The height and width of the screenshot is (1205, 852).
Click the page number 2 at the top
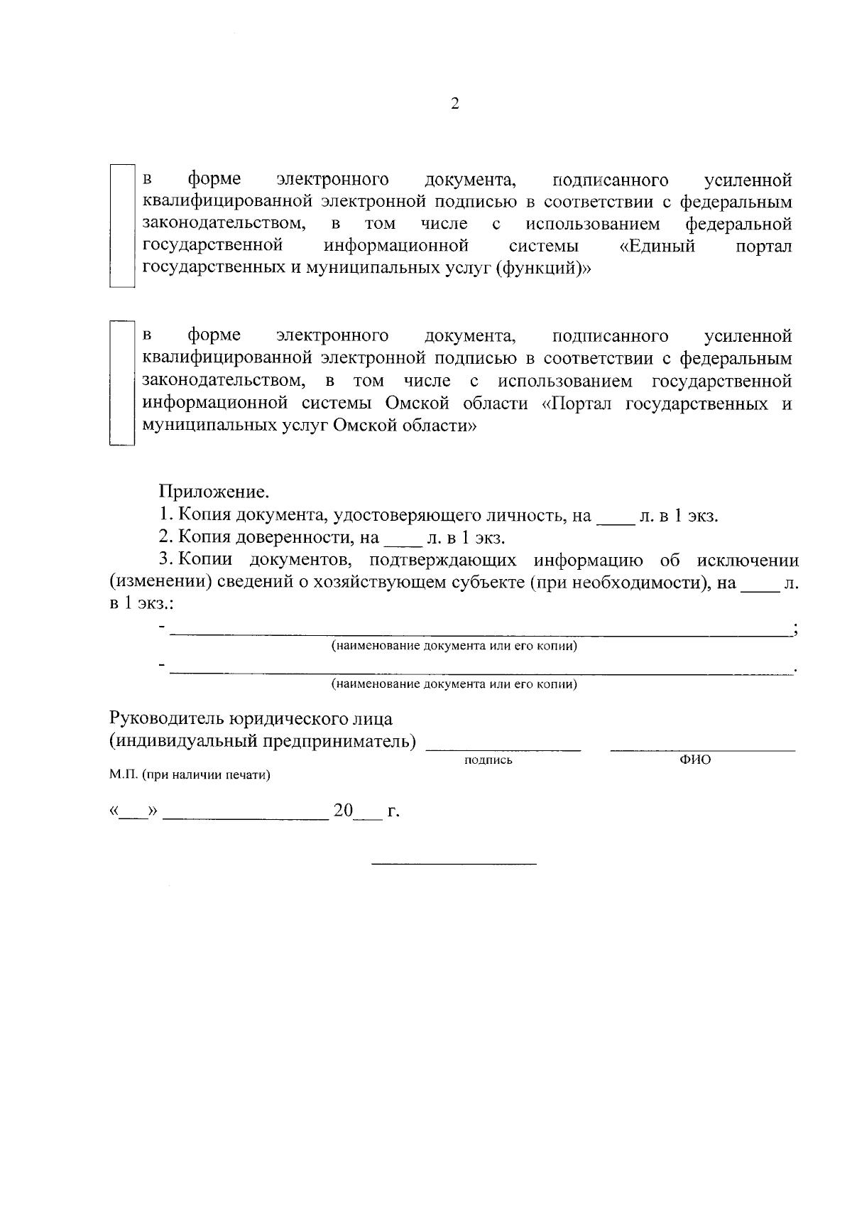[455, 104]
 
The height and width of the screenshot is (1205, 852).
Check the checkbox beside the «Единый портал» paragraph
[121, 225]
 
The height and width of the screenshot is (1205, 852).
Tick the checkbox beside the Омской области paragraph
[121, 383]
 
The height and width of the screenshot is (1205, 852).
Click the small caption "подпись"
[488, 760]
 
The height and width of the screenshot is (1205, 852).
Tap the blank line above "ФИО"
[703, 748]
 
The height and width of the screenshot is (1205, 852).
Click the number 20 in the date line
[344, 811]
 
